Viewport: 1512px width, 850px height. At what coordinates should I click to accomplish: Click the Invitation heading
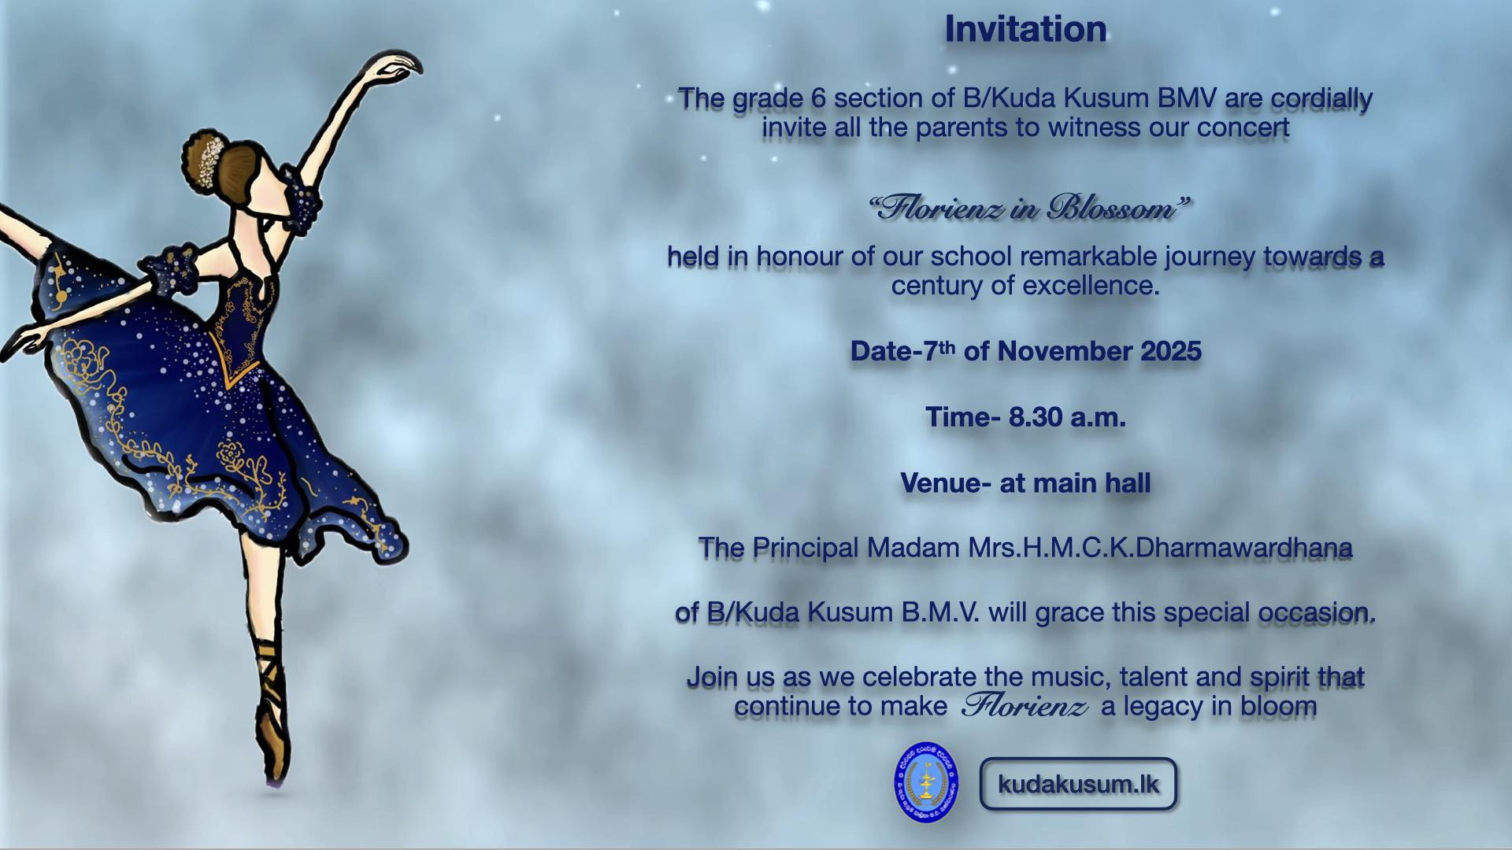(1025, 29)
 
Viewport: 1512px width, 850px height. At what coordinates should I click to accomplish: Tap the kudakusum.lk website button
(1078, 784)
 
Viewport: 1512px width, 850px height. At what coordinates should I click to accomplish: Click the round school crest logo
(926, 782)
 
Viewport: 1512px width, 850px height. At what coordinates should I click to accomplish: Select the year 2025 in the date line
(1171, 351)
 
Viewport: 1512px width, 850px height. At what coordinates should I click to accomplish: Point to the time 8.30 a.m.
(1067, 417)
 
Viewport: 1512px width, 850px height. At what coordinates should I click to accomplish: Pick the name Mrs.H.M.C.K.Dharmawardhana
(1160, 548)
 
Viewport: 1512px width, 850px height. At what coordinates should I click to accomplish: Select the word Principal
(805, 549)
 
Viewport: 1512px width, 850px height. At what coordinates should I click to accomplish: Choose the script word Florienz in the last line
(1025, 705)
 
